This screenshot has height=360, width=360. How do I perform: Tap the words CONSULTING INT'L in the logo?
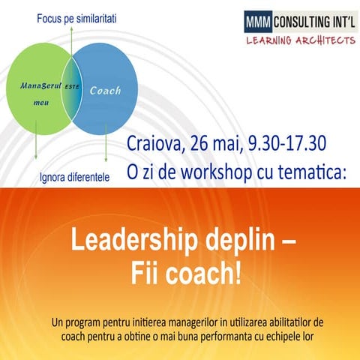click(x=312, y=21)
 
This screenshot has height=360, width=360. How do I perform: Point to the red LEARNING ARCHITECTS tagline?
click(x=300, y=40)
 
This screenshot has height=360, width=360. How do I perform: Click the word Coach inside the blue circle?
click(x=105, y=91)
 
